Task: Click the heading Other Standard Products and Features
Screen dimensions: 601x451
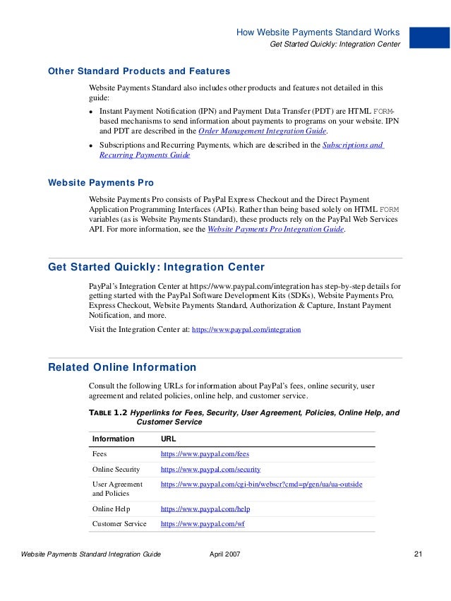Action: point(138,71)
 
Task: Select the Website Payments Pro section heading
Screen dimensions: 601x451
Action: point(100,183)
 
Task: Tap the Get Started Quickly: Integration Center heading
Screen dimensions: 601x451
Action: point(156,267)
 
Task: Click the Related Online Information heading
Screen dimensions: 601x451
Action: point(121,367)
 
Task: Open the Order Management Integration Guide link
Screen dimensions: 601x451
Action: point(263,131)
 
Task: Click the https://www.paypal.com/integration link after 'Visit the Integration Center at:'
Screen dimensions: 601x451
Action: point(246,329)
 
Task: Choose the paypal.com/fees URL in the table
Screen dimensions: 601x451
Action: point(205,454)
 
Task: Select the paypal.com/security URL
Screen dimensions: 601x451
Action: point(210,469)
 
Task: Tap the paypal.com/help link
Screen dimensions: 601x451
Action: point(205,508)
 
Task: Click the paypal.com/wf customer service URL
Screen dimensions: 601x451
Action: point(203,523)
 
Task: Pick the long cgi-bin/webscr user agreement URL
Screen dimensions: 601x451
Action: point(262,484)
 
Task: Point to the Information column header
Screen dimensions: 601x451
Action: point(113,439)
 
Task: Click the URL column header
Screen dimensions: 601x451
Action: point(169,439)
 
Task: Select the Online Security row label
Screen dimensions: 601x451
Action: point(116,469)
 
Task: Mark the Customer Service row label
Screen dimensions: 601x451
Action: point(119,523)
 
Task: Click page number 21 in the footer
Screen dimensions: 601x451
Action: point(418,554)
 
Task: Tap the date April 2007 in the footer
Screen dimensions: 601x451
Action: point(225,554)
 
